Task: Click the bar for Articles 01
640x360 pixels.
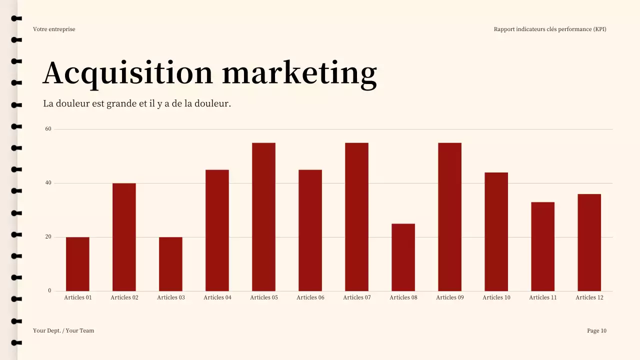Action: (x=77, y=264)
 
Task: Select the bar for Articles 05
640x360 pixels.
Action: (x=263, y=217)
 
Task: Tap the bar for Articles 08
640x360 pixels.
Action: (x=403, y=257)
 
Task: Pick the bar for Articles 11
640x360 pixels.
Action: (x=542, y=246)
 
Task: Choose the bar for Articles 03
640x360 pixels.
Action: (x=170, y=264)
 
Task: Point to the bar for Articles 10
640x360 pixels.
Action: (x=496, y=231)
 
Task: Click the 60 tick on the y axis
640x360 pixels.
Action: (x=48, y=129)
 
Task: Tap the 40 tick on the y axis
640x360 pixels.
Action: (x=48, y=183)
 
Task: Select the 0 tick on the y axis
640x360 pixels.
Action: (x=49, y=290)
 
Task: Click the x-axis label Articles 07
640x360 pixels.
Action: (x=356, y=297)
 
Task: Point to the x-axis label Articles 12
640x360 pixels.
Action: (x=589, y=297)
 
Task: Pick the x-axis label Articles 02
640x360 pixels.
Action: (x=124, y=297)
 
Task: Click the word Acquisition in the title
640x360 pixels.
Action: (x=128, y=73)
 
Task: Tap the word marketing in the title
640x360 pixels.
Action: (x=299, y=73)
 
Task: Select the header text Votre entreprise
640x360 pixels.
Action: (x=54, y=29)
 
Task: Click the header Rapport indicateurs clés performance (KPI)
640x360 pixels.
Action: (x=550, y=29)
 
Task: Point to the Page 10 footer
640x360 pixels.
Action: (x=596, y=330)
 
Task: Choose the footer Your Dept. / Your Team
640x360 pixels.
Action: (x=63, y=330)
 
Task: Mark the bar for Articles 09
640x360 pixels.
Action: (x=449, y=217)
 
